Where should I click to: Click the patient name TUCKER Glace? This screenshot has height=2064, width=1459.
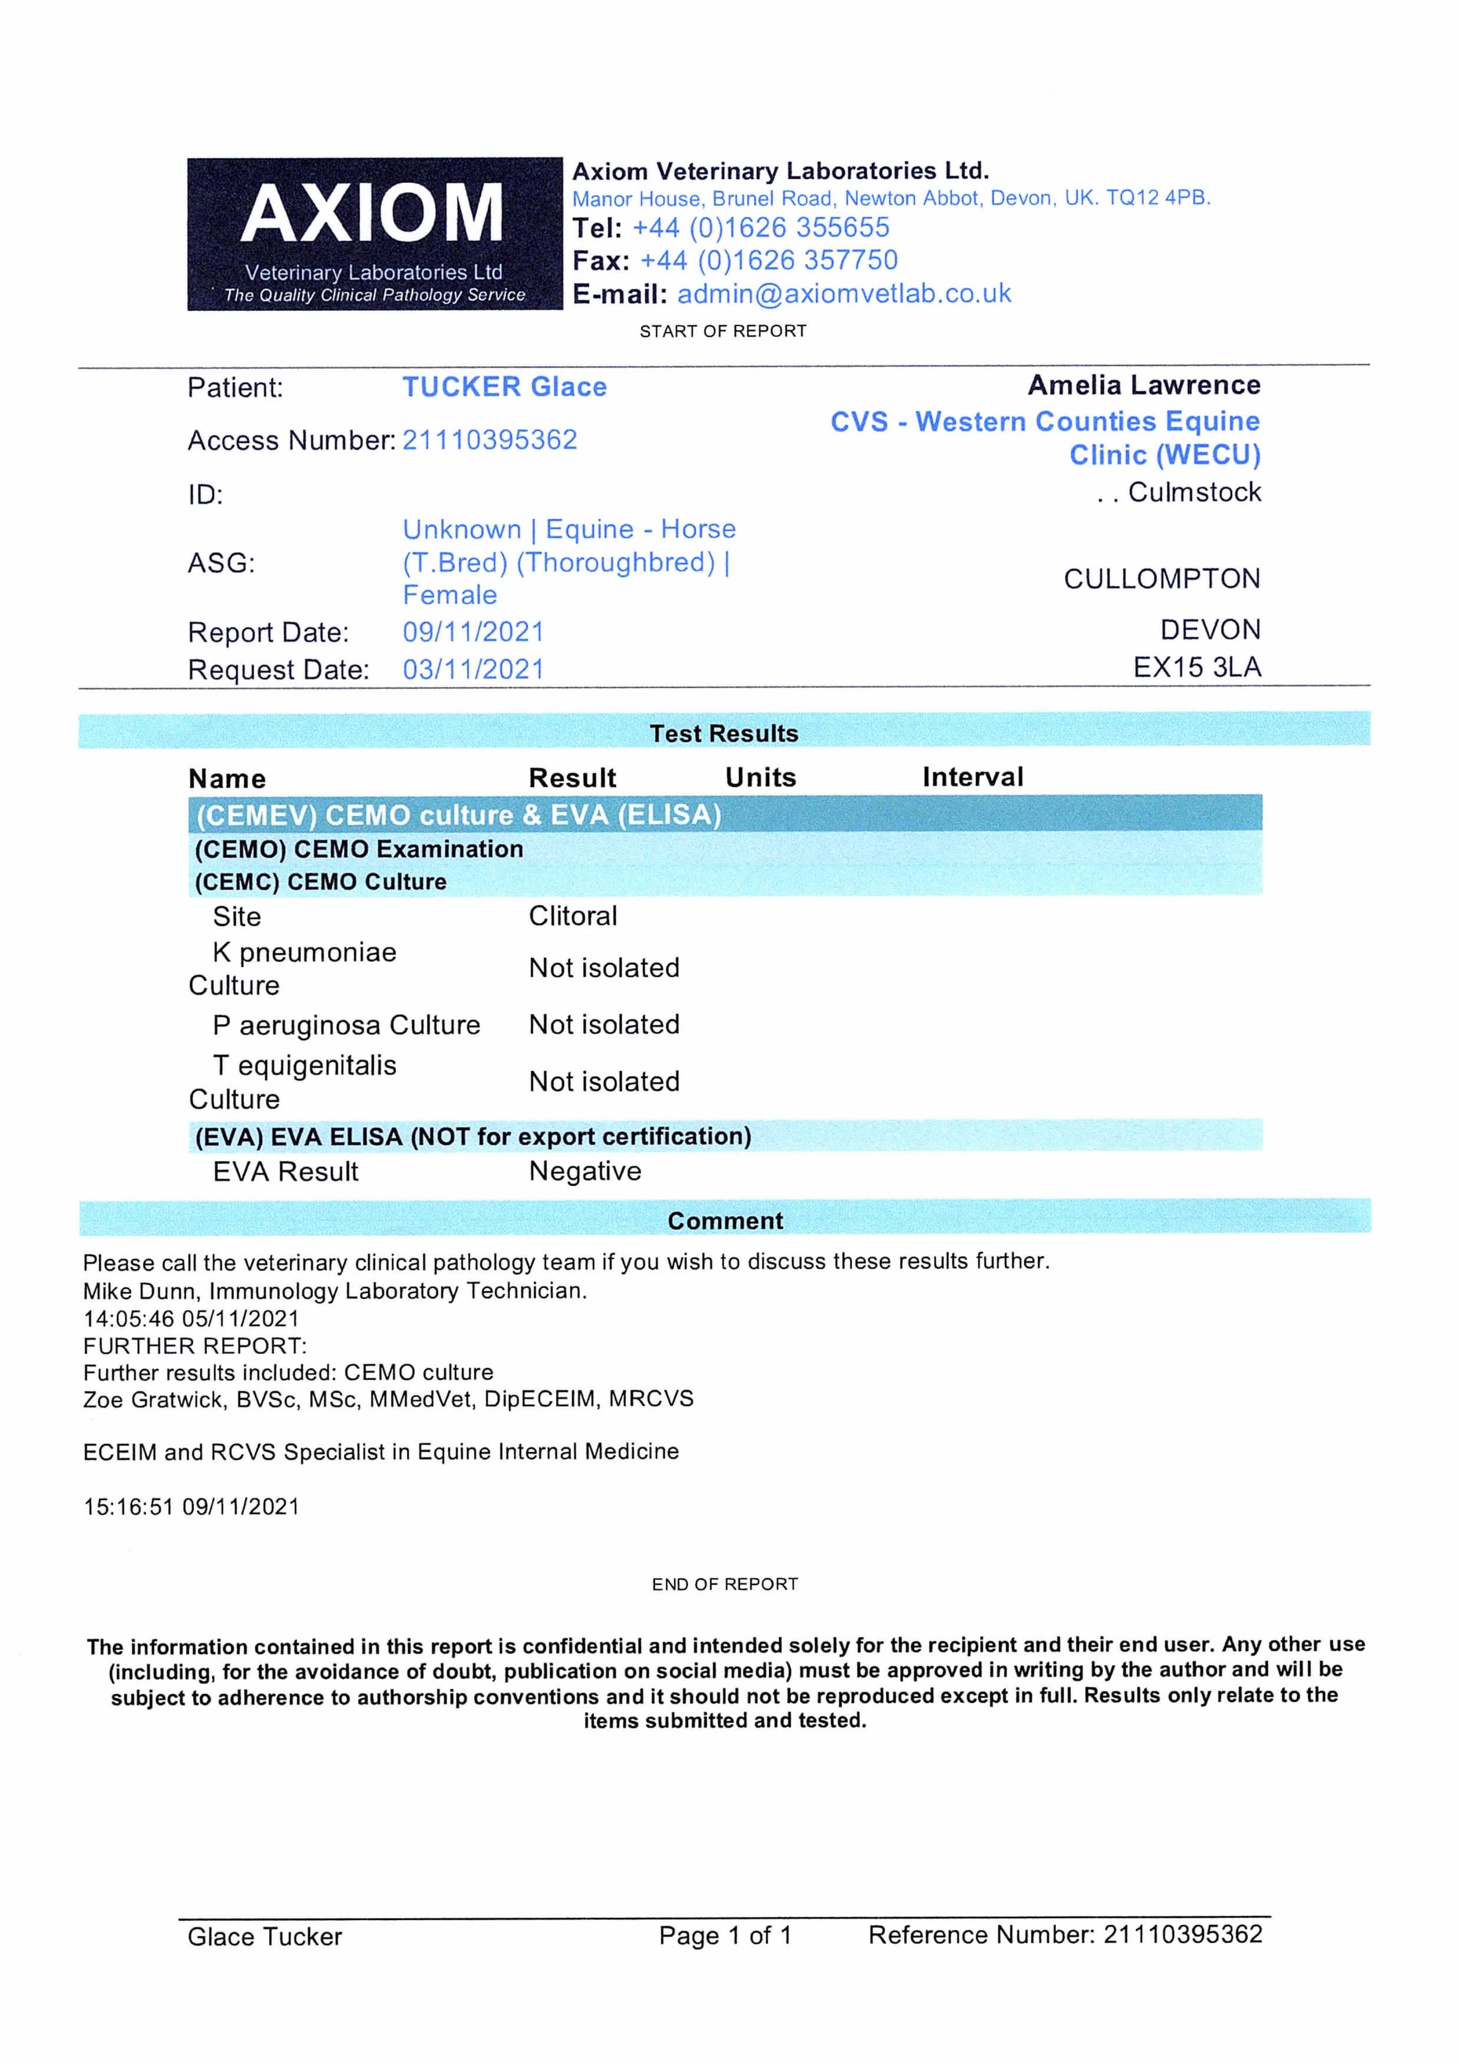point(504,388)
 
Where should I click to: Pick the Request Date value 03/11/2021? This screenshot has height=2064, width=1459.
point(473,670)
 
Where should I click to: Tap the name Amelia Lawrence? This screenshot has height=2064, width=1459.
point(1143,386)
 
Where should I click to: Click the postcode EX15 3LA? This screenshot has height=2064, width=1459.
point(1197,667)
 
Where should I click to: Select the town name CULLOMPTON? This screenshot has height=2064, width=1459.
point(1161,579)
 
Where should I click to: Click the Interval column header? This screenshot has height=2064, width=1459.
point(973,777)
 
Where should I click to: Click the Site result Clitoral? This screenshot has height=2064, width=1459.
point(572,916)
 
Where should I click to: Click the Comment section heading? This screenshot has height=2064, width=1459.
point(725,1221)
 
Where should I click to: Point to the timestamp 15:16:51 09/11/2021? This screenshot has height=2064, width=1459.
point(192,1507)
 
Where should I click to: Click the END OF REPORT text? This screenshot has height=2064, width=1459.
point(725,1584)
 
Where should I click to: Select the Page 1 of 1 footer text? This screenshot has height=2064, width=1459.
point(725,1936)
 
